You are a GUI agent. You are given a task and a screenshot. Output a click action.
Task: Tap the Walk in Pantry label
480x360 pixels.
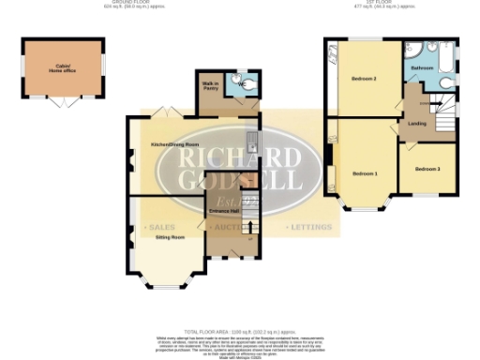pyautogui.click(x=211, y=87)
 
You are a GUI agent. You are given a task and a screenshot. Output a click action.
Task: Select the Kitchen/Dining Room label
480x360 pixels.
pyautogui.click(x=170, y=144)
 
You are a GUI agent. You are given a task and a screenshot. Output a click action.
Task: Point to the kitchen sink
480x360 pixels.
pyautogui.click(x=251, y=142)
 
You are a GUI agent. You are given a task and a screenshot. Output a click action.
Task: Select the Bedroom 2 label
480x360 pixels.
pyautogui.click(x=363, y=79)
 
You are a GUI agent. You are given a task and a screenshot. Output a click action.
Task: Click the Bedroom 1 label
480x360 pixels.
pyautogui.click(x=365, y=173)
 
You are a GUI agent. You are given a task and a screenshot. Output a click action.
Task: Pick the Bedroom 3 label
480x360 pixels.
pyautogui.click(x=427, y=169)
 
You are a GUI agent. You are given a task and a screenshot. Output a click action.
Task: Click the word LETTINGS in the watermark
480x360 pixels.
pyautogui.click(x=309, y=228)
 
